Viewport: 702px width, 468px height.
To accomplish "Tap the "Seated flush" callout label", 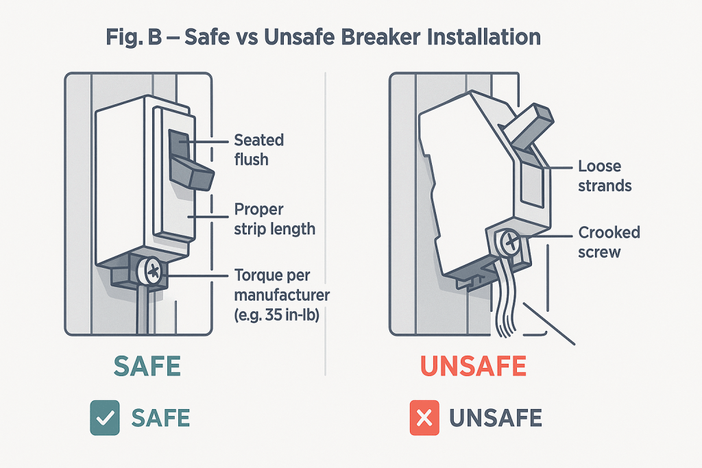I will [x=258, y=149].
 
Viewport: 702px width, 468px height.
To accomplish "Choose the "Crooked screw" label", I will [x=609, y=242].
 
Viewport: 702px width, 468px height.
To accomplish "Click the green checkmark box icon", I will [x=105, y=417].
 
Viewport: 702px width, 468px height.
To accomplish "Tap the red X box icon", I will [x=424, y=417].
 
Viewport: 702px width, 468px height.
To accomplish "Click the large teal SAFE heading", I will [x=147, y=367].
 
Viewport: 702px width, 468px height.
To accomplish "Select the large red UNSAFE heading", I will [x=472, y=367].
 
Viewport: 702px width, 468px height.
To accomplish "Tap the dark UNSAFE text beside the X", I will [x=495, y=417].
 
